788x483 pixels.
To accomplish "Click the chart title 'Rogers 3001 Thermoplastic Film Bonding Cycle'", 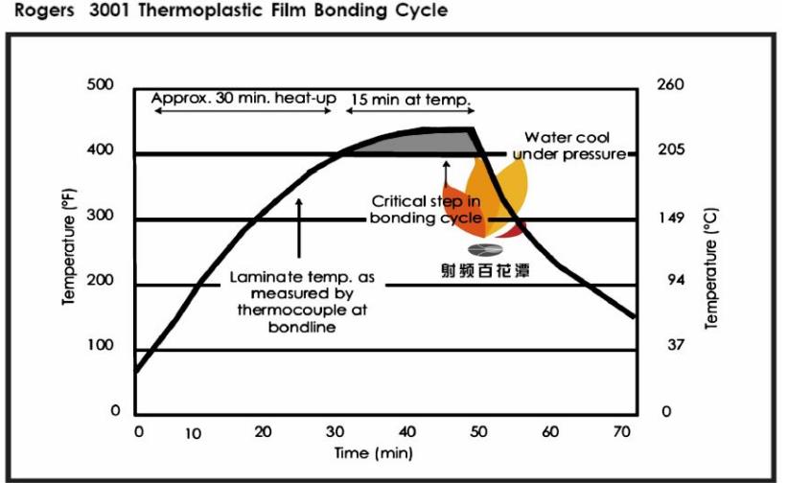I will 224,11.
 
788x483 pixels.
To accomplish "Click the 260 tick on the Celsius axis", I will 670,85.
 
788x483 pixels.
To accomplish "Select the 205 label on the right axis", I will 670,150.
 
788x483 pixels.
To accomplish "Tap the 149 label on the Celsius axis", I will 671,217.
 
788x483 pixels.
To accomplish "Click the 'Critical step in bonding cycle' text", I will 426,210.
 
